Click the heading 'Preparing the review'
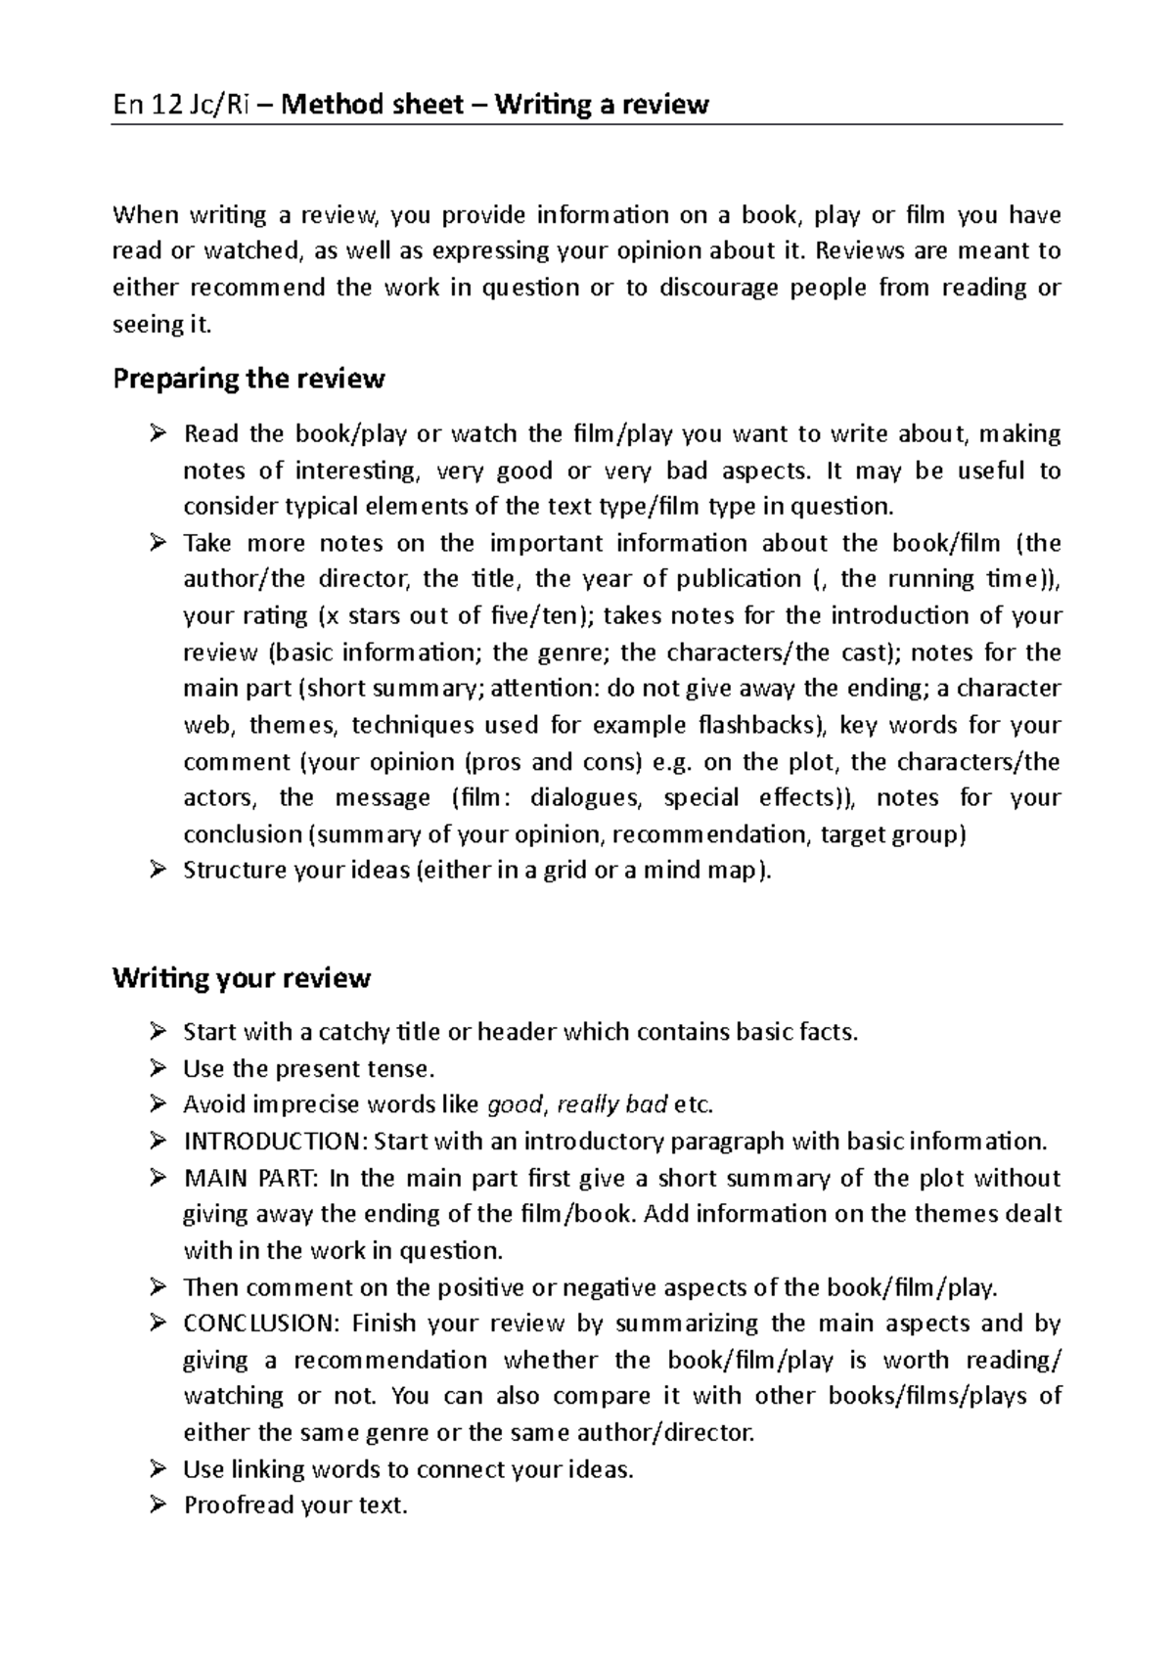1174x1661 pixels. pyautogui.click(x=248, y=380)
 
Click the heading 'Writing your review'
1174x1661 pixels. pyautogui.click(x=242, y=978)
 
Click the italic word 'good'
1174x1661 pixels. pyautogui.click(x=514, y=1105)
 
